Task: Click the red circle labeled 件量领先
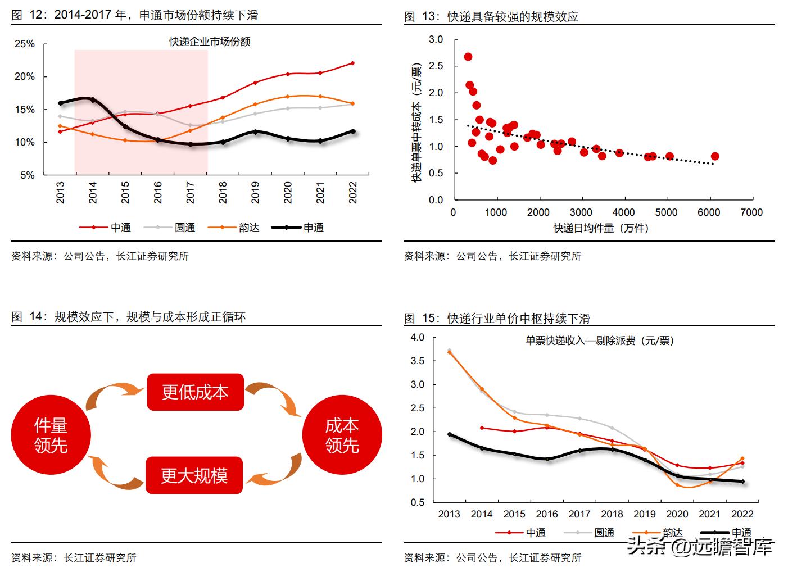[x=51, y=435]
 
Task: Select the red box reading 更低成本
[x=195, y=392]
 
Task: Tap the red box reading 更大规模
[x=194, y=475]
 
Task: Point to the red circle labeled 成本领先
[x=342, y=435]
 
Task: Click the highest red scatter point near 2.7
[x=468, y=57]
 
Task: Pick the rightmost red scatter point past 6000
[x=715, y=156]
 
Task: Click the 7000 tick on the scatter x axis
[x=751, y=212]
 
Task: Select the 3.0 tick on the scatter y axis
[x=436, y=39]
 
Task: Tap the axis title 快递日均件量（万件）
[x=601, y=228]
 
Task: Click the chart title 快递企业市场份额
[x=210, y=42]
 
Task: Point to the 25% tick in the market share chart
[x=24, y=44]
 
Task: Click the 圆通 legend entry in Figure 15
[x=604, y=533]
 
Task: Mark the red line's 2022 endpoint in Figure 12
[x=353, y=63]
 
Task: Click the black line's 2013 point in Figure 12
[x=60, y=103]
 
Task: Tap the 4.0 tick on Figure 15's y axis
[x=418, y=337]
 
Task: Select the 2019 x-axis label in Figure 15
[x=645, y=514]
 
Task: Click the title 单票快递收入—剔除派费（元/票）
[x=600, y=341]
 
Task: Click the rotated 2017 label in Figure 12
[x=191, y=192]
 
